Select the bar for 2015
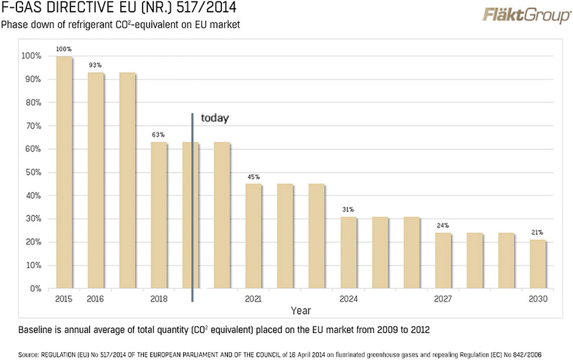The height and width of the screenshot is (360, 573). [x=64, y=172]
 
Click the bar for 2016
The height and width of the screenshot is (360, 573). [x=96, y=181]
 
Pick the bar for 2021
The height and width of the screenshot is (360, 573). [x=254, y=236]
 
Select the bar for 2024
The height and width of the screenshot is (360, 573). [x=349, y=252]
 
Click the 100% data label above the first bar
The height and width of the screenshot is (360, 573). [x=64, y=50]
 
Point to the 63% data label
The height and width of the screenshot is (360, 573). [x=158, y=135]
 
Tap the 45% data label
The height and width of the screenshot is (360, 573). [x=254, y=177]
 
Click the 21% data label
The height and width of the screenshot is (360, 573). [x=538, y=233]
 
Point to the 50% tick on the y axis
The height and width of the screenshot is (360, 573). [x=32, y=172]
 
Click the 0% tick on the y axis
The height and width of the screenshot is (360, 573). [x=35, y=288]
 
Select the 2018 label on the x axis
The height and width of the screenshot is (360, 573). [x=158, y=299]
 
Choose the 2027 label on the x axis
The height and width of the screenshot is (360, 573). [x=442, y=299]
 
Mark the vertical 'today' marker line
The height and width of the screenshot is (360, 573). [x=193, y=210]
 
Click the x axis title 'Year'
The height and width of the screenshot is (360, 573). [x=301, y=310]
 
